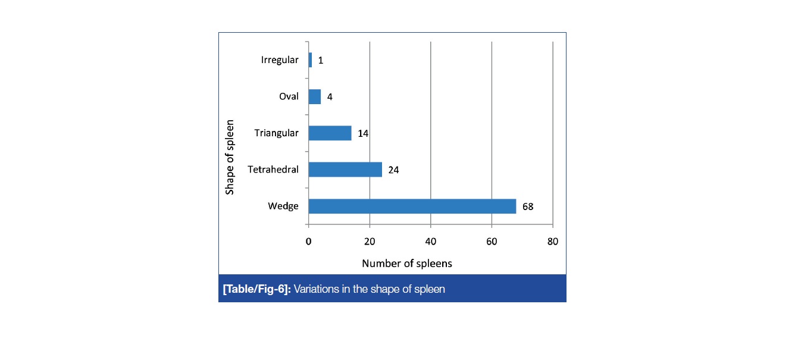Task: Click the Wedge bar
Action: coord(412,206)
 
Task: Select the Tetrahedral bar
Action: coord(345,170)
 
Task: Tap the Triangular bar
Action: coord(330,133)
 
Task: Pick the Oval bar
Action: coord(315,96)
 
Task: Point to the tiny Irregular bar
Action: coord(310,60)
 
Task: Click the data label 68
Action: coord(528,206)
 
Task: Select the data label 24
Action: coord(393,170)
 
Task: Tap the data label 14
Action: coord(362,133)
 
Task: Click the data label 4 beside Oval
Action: coord(329,97)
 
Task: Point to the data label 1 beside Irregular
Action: coord(320,61)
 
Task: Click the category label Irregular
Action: coord(280,60)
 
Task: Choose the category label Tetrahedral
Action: coord(273,170)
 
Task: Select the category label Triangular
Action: coord(276,133)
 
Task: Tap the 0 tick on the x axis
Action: coord(308,241)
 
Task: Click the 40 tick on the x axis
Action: coord(431,241)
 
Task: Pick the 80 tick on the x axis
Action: coord(553,241)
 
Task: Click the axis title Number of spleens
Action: coord(407,263)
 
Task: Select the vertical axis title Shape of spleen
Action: coord(230,157)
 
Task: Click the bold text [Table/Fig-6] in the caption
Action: coord(256,289)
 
